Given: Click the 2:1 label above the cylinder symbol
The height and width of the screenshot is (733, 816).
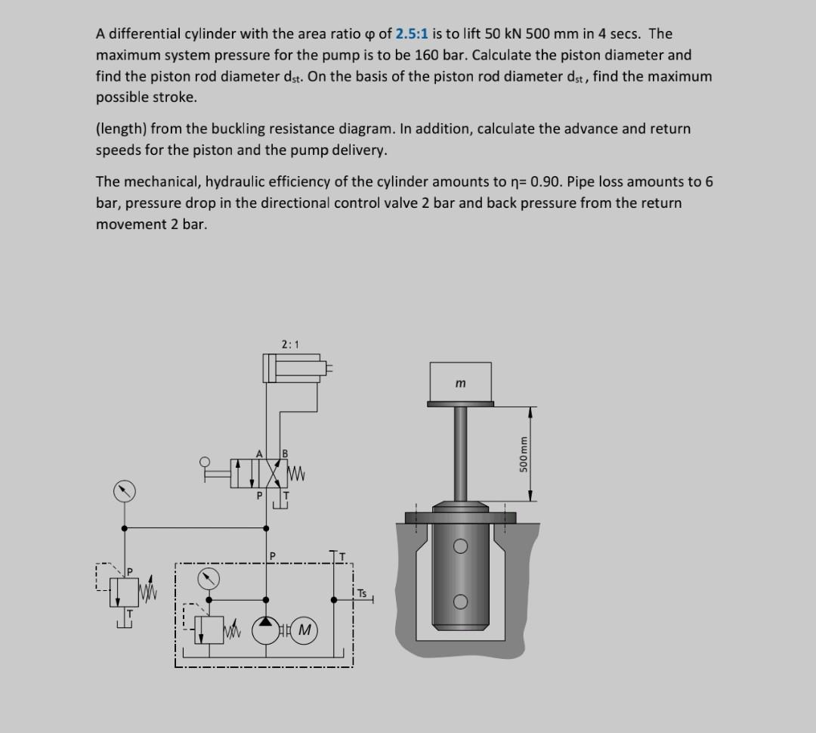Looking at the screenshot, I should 290,345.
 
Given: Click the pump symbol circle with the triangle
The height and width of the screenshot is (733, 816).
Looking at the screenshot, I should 266,629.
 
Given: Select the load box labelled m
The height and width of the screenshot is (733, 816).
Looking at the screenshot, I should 460,382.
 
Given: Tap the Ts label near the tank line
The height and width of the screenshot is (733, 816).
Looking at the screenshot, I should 362,593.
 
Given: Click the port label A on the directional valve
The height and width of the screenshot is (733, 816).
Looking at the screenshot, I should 259,453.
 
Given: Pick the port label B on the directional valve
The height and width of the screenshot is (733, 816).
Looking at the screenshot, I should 286,453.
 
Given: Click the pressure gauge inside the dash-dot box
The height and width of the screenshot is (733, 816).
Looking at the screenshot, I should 210,580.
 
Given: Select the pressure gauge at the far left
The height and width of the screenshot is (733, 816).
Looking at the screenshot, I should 125,491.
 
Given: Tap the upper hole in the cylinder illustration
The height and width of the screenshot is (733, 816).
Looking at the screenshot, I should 460,546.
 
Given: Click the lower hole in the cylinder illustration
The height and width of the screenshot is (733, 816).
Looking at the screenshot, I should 460,602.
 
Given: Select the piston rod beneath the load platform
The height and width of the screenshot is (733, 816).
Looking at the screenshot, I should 460,453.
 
